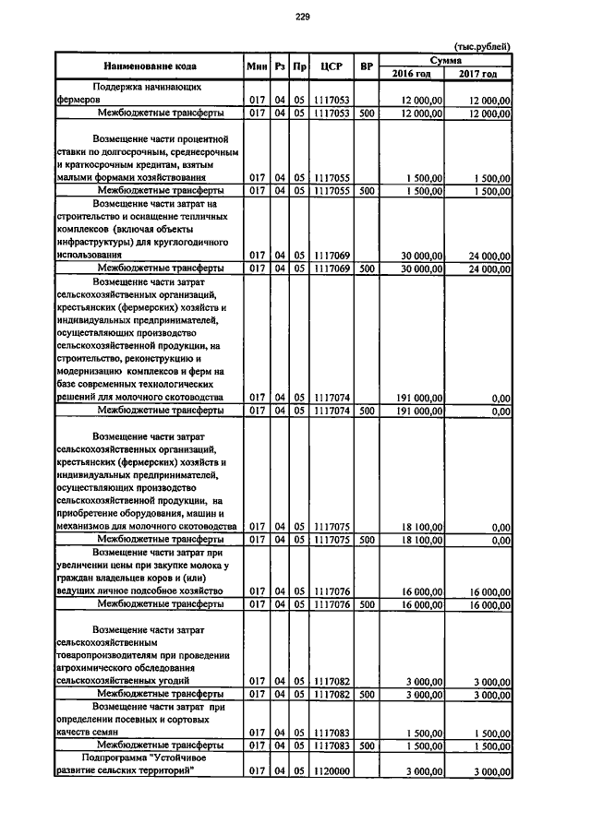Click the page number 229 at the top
pyautogui.click(x=301, y=15)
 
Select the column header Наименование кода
pyautogui.click(x=149, y=66)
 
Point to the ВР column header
pyautogui.click(x=367, y=66)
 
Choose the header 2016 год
pyautogui.click(x=412, y=74)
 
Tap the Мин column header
pyautogui.click(x=257, y=66)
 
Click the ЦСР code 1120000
pyautogui.click(x=330, y=770)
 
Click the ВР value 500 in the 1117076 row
pyautogui.click(x=367, y=604)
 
